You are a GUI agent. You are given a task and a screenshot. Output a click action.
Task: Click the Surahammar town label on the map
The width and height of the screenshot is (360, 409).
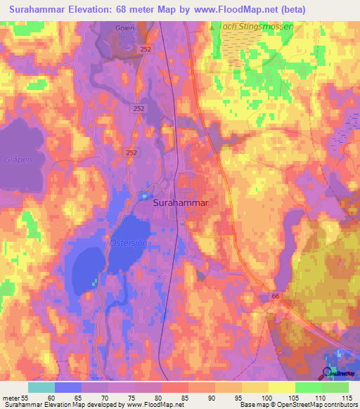pos(183,202)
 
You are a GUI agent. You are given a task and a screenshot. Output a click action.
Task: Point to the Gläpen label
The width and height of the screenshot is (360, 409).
pos(18,160)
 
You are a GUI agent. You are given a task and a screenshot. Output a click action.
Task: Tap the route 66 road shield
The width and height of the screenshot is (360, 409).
pos(276,297)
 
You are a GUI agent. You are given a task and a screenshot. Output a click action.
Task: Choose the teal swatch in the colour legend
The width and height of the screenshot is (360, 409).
pos(41,387)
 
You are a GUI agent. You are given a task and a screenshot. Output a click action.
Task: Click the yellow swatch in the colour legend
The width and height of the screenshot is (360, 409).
pos(281,387)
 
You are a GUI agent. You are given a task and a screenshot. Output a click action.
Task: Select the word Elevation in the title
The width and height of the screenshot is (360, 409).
pos(95,11)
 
